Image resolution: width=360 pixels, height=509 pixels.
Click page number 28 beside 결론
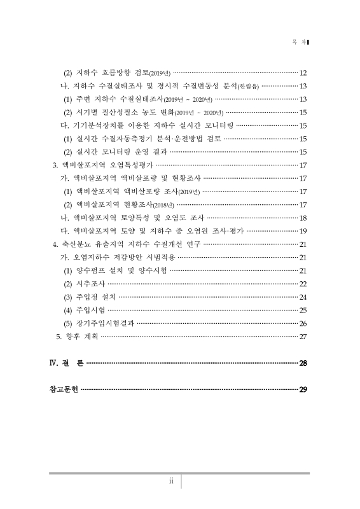point(303,363)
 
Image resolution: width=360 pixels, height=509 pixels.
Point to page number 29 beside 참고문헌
point(303,389)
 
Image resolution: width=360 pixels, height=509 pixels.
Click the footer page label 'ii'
point(171,481)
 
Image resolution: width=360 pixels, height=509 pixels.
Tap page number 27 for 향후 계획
point(303,336)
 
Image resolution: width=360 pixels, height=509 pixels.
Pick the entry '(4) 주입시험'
point(85,310)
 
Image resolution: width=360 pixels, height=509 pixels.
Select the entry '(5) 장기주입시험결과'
point(98,323)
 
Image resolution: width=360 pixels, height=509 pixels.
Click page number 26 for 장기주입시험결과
point(303,323)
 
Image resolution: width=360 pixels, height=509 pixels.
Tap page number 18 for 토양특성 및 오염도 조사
point(303,218)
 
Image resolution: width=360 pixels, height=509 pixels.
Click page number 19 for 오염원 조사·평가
point(303,231)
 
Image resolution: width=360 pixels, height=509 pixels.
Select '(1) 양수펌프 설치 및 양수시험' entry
point(114,270)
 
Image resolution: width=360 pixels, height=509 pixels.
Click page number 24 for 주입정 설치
point(303,297)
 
